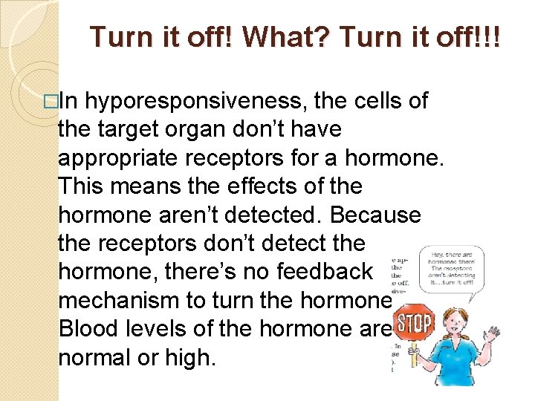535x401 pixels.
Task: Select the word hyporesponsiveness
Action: pos(212,101)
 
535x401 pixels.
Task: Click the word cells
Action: pos(378,101)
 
